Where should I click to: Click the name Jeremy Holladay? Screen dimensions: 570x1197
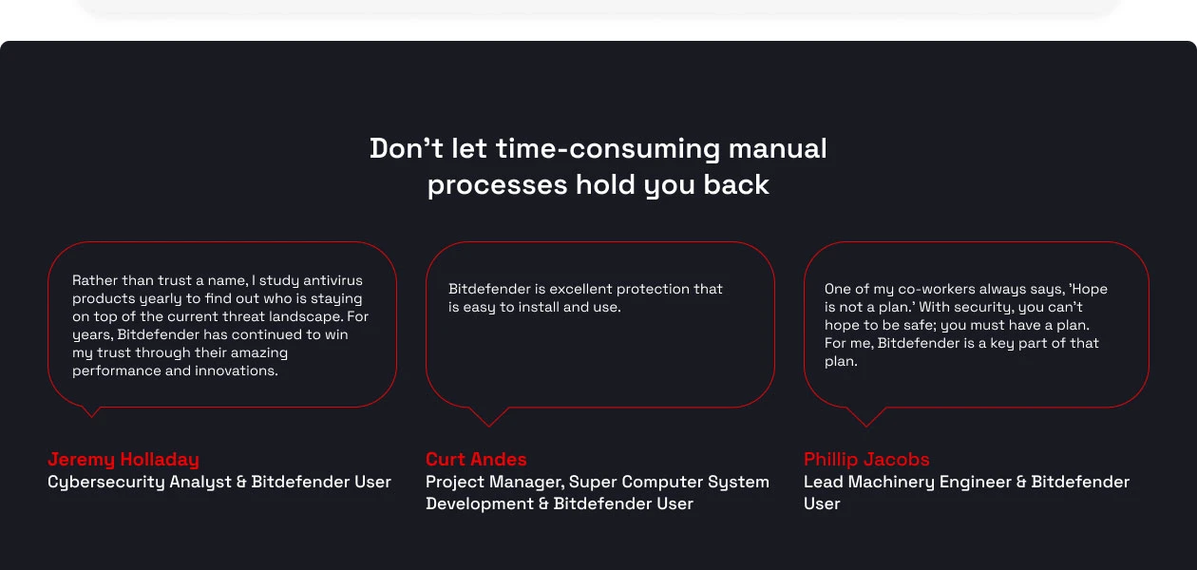[x=123, y=460]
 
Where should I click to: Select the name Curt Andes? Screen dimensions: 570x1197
[x=476, y=460]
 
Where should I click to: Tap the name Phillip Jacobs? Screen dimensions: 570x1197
[x=866, y=460]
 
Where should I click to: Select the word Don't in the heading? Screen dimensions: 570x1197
[x=400, y=149]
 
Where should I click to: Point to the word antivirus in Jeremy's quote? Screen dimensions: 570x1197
[x=332, y=281]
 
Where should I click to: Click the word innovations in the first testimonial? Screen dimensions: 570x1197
[x=234, y=371]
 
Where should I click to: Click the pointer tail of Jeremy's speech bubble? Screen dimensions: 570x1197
[x=91, y=411]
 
